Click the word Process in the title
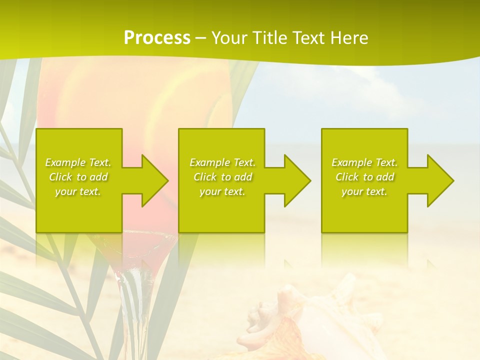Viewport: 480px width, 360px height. pyautogui.click(x=157, y=38)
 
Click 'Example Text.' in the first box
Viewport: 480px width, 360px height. pyautogui.click(x=78, y=162)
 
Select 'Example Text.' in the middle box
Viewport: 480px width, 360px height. pyautogui.click(x=222, y=162)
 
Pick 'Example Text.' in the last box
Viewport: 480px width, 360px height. pyautogui.click(x=364, y=162)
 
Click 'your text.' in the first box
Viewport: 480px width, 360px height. pyautogui.click(x=78, y=191)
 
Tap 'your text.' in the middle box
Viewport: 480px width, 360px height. pyautogui.click(x=222, y=191)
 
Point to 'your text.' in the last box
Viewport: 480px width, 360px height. pyautogui.click(x=364, y=191)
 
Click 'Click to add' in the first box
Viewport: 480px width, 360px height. pyautogui.click(x=78, y=177)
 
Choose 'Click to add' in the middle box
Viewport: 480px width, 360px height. pyautogui.click(x=222, y=177)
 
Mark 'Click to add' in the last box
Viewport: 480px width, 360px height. pyautogui.click(x=364, y=177)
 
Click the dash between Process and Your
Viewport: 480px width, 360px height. pyautogui.click(x=200, y=38)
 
